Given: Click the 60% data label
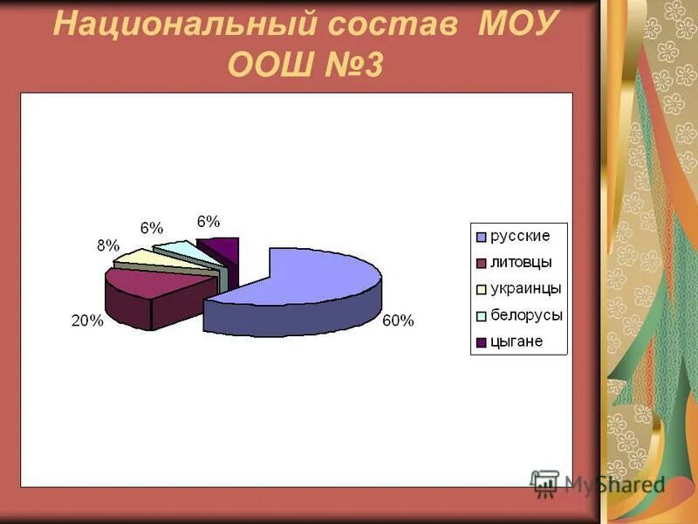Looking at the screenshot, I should click(x=398, y=321).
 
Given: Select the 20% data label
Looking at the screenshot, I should click(x=87, y=321).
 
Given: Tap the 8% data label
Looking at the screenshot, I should click(x=107, y=245).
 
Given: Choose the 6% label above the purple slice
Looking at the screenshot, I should click(x=209, y=222).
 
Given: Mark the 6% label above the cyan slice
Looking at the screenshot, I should click(x=151, y=228).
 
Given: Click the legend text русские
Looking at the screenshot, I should click(x=520, y=236).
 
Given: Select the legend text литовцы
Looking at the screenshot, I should click(x=521, y=262).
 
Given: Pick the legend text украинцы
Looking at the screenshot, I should click(x=525, y=288).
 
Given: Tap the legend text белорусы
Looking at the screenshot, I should click(x=526, y=314).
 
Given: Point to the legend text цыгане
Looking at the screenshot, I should click(x=517, y=341).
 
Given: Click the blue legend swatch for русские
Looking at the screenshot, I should click(x=480, y=237).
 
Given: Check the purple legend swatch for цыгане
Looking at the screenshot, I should click(x=480, y=342).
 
